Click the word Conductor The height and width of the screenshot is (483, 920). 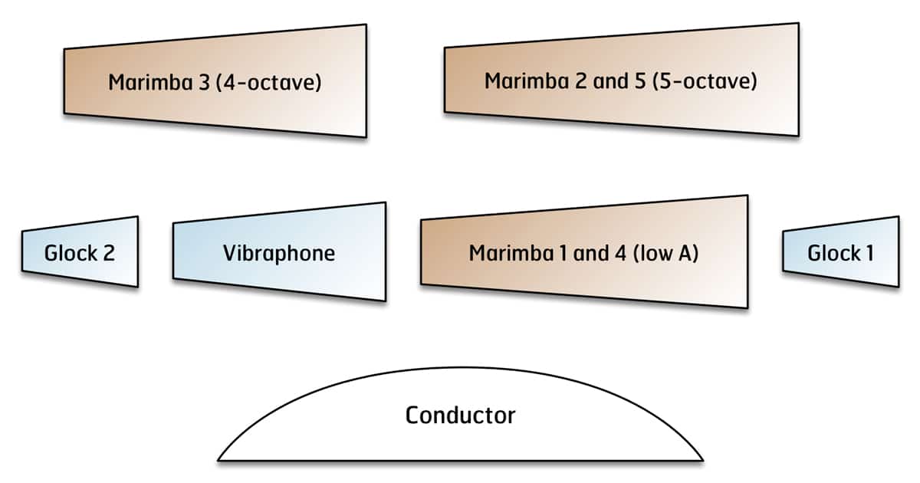pyautogui.click(x=460, y=416)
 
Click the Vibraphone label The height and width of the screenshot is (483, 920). pyautogui.click(x=279, y=253)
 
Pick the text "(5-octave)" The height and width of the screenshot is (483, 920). pyautogui.click(x=704, y=80)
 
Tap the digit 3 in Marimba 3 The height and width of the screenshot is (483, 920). pyautogui.click(x=203, y=83)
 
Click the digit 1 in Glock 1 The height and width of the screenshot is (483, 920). pyautogui.click(x=869, y=252)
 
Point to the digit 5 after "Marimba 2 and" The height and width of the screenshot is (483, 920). pyautogui.click(x=637, y=80)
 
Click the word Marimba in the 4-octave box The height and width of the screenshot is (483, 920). pyautogui.click(x=150, y=83)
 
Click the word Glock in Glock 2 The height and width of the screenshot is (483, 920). pyautogui.click(x=71, y=253)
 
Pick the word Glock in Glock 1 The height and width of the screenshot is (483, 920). pyautogui.click(x=833, y=252)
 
